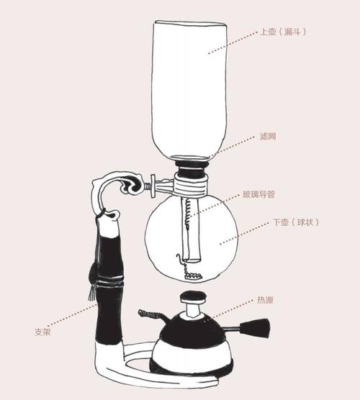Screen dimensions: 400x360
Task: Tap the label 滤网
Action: tap(267, 136)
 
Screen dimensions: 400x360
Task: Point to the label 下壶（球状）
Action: tap(295, 223)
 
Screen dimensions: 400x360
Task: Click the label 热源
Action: tap(264, 299)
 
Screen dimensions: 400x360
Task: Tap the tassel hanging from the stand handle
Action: tap(91, 291)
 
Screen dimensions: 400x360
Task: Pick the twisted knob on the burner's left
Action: tap(150, 315)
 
